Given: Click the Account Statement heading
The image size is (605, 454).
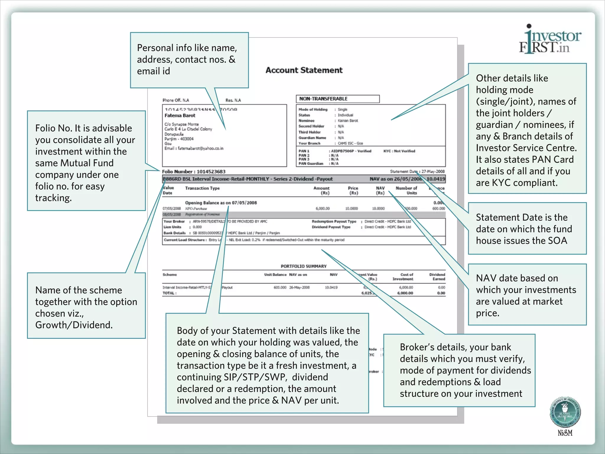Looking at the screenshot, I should click(x=304, y=70).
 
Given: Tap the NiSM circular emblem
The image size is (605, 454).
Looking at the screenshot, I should click(x=565, y=412).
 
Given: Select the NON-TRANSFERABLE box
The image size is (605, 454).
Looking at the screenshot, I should click(x=337, y=99).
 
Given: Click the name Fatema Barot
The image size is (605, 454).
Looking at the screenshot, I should click(x=180, y=116).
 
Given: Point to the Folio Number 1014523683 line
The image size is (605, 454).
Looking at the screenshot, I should click(x=194, y=171).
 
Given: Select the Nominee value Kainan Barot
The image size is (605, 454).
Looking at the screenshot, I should click(x=348, y=121).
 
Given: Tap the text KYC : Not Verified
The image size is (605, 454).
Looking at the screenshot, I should click(x=399, y=151).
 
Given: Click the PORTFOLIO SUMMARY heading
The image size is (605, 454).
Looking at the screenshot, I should click(x=303, y=266).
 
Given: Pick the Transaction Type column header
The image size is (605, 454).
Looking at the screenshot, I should click(x=202, y=188).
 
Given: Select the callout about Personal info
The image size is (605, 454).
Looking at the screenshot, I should click(x=189, y=60).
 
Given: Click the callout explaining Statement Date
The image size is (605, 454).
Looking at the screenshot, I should click(x=527, y=229).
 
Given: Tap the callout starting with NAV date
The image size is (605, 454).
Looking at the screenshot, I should click(x=527, y=295).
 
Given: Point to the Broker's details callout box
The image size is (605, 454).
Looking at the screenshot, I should click(x=459, y=370).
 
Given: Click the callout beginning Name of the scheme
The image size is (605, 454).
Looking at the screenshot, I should click(x=86, y=307).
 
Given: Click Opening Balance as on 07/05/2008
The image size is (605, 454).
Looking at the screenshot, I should click(x=221, y=203).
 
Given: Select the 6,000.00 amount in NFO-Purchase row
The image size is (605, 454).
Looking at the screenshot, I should click(x=322, y=209).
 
